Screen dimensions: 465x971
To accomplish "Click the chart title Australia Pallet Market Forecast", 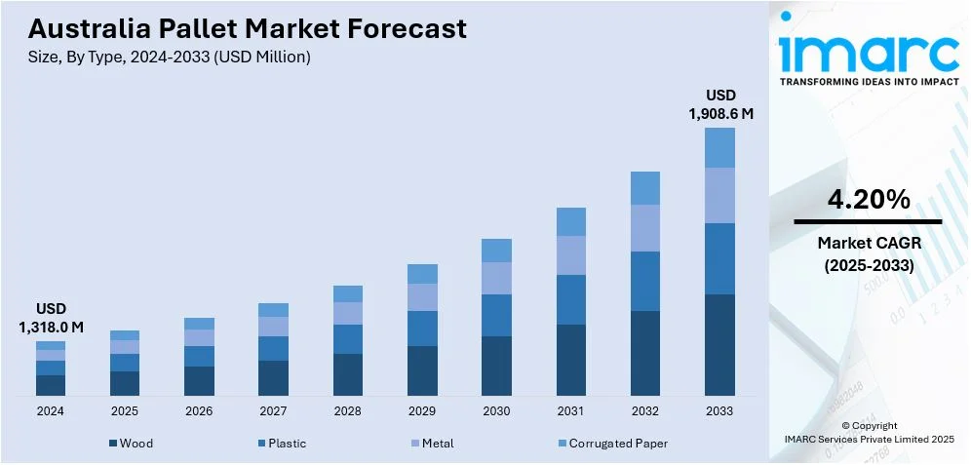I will tap(248, 28).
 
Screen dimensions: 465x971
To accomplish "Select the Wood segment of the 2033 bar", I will tap(719, 344).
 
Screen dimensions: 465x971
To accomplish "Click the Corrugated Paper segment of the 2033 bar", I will tap(719, 147).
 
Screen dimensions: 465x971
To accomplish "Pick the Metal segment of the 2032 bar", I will tap(645, 227).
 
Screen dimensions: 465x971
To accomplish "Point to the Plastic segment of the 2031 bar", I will tap(570, 299).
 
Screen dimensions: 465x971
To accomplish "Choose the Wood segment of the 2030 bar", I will tap(496, 366).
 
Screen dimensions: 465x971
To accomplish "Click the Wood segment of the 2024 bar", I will tap(51, 385).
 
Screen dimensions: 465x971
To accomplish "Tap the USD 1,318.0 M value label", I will tap(51, 318).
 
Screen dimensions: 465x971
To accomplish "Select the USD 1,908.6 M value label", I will tap(720, 104).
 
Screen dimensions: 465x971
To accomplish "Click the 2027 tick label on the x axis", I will tap(273, 411).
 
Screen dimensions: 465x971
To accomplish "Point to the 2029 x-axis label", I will tap(422, 411).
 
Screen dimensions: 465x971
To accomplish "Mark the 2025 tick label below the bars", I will tap(125, 411).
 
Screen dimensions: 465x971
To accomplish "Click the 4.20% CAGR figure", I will tap(869, 201).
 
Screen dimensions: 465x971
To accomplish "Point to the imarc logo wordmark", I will tap(869, 54).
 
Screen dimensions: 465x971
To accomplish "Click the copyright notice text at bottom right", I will tap(869, 432).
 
